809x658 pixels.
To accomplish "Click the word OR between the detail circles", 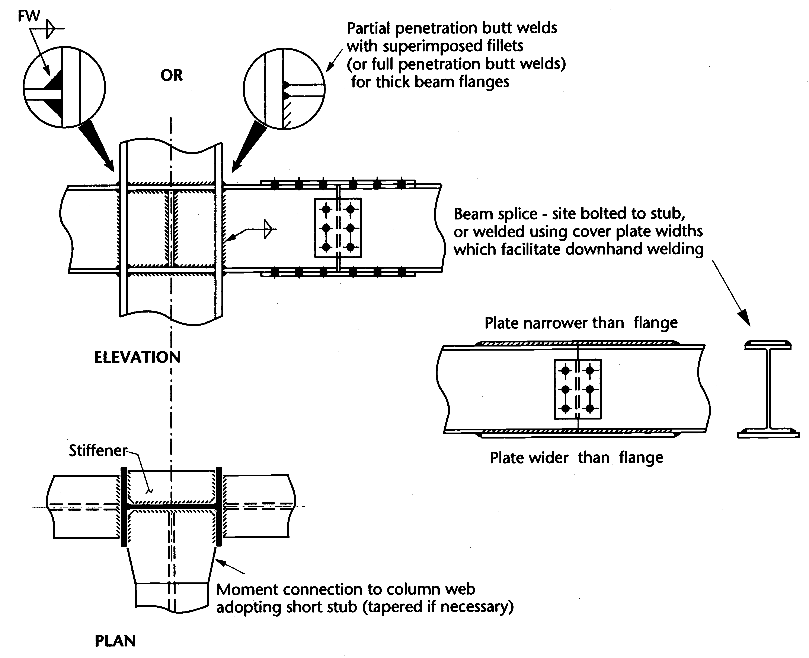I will [x=171, y=75].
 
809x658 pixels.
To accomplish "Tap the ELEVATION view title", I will [x=137, y=357].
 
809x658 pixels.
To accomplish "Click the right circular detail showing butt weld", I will [x=284, y=88].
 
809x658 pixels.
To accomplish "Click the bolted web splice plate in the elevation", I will [x=338, y=228].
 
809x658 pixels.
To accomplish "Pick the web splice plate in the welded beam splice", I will [x=578, y=389].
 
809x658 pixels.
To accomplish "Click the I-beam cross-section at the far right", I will [x=768, y=389].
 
